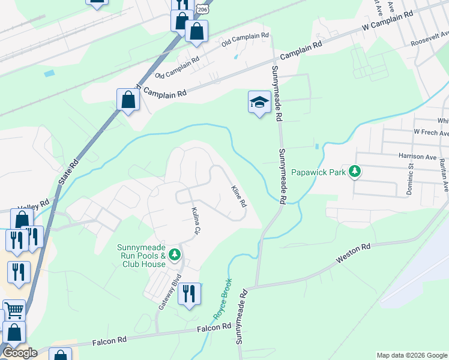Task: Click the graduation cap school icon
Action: tap(259, 102)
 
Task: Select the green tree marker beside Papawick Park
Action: tap(355, 172)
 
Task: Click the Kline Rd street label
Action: tap(239, 196)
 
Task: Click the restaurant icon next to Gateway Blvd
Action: tap(190, 293)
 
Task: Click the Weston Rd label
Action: tap(354, 254)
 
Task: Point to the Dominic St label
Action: tap(411, 176)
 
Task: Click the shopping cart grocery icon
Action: tap(14, 310)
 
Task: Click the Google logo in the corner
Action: tap(19, 353)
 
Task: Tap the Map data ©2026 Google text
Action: tap(411, 355)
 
